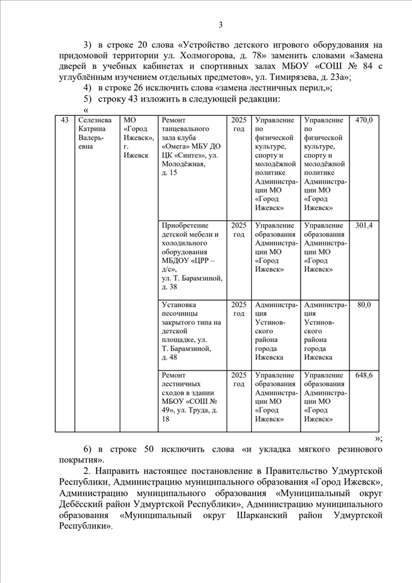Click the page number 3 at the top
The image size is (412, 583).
tap(220, 25)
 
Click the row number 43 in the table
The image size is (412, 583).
tap(64, 120)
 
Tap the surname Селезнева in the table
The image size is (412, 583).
tap(94, 120)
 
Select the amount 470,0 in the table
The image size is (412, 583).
tap(364, 120)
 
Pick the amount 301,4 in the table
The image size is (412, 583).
tap(364, 225)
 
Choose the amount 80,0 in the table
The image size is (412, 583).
tap(364, 305)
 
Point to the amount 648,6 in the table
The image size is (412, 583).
tap(364, 375)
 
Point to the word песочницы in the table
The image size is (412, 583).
tap(182, 314)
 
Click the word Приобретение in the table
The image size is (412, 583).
tap(185, 225)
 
